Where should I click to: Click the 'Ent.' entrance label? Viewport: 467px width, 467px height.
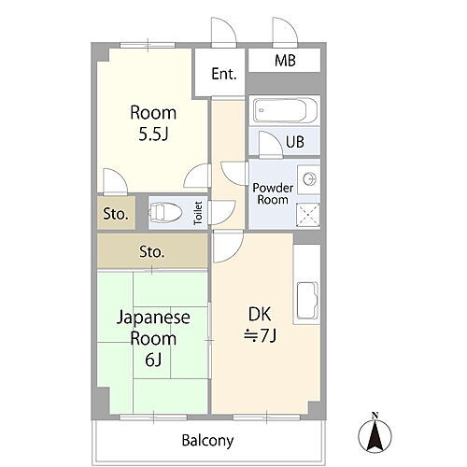coord(223,74)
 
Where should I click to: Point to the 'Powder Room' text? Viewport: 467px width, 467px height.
coord(273,192)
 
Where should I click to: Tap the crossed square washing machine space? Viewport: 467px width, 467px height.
coord(307,214)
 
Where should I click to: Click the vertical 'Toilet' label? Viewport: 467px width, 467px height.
coord(198,214)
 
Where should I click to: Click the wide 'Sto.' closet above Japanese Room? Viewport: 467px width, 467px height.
coord(151,251)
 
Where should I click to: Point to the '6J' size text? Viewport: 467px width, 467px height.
coord(152,358)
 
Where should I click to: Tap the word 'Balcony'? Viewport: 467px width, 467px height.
coord(207,440)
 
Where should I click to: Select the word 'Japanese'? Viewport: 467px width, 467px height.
coord(153,318)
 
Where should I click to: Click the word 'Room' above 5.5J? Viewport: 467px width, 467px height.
coord(151,113)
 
